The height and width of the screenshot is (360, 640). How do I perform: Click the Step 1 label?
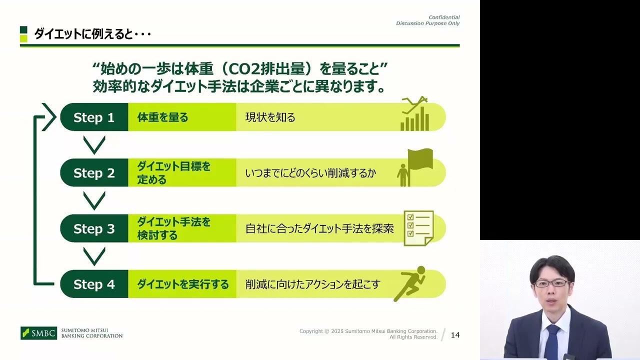point(94,117)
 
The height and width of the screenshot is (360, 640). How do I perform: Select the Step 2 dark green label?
point(94,173)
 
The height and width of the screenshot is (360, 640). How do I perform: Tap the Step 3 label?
point(94,228)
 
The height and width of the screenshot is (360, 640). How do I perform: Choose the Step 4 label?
point(94,284)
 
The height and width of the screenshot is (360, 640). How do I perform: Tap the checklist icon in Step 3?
point(418,227)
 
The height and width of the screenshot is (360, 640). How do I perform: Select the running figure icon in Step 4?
point(409,283)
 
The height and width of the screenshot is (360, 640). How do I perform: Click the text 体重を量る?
point(163,117)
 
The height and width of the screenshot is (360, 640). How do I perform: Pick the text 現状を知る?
point(270,117)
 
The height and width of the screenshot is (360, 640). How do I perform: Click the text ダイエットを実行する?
point(183,284)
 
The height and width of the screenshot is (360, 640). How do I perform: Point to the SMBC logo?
point(39,333)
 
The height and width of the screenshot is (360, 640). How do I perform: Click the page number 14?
point(455,335)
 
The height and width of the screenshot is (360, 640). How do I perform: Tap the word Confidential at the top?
point(444,17)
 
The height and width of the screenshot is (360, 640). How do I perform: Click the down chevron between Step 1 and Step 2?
point(94,145)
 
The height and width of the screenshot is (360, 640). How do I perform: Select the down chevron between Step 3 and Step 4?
point(94,256)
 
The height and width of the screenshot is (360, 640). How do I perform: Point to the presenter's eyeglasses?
point(550,283)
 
